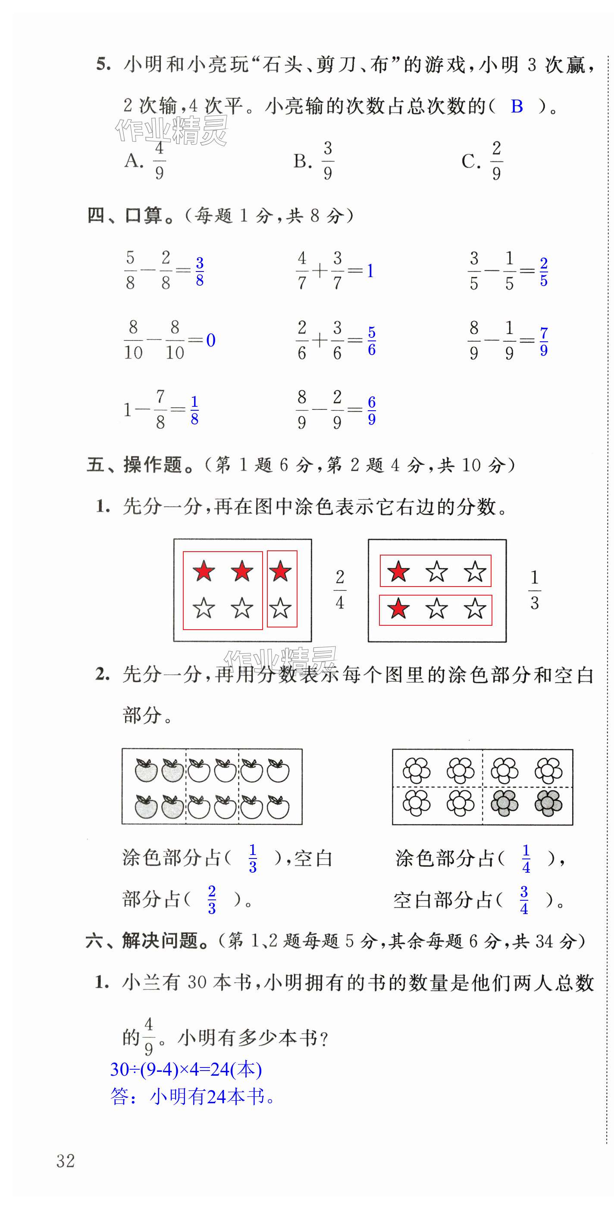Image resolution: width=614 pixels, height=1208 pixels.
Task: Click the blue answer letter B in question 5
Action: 517,106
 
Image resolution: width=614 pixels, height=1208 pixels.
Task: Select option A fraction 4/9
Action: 159,161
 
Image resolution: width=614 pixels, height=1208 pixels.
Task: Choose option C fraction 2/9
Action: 496,161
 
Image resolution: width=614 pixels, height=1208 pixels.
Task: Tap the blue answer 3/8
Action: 200,271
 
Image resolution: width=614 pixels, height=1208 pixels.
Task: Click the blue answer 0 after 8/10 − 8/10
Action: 210,340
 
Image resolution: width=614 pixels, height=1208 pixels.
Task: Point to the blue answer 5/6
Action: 372,341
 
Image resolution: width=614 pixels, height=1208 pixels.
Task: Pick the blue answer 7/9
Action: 544,341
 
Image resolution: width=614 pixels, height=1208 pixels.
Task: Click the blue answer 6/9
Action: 372,410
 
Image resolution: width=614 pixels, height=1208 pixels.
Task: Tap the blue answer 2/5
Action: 544,272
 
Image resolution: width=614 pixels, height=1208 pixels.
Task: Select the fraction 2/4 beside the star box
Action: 340,590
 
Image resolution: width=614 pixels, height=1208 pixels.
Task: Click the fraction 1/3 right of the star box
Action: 534,590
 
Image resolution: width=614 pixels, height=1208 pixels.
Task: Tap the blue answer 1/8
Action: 194,410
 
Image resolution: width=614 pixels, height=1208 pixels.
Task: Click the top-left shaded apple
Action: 146,771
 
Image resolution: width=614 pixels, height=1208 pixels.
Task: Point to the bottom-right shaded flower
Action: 548,803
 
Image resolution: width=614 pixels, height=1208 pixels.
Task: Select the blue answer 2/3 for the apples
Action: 212,900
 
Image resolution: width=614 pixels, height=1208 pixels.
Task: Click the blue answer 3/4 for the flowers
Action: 524,900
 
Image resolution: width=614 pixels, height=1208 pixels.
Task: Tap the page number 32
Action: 66,1161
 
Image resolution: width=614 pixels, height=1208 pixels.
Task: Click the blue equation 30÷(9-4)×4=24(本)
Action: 186,1069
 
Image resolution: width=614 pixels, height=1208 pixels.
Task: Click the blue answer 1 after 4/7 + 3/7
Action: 370,271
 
